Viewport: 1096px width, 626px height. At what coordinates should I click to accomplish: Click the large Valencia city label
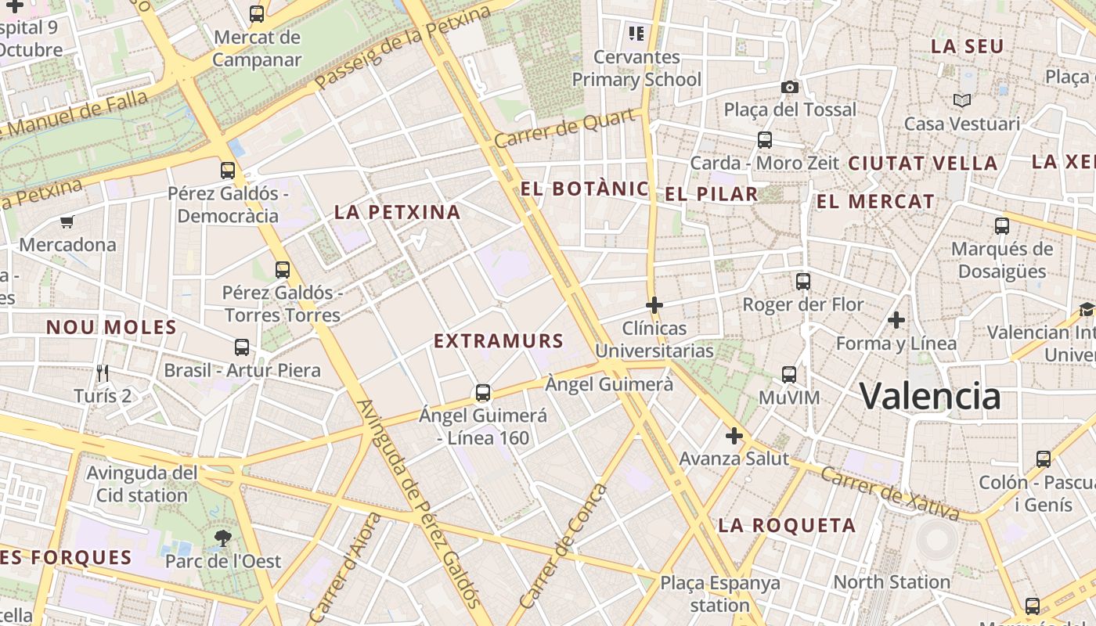click(x=930, y=396)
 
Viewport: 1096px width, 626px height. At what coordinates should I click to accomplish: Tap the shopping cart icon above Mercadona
click(x=67, y=222)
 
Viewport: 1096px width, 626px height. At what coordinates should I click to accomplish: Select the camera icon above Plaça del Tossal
click(x=789, y=87)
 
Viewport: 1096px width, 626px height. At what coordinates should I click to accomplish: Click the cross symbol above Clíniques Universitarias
click(x=654, y=304)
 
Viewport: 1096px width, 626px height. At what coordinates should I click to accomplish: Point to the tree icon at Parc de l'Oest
click(x=223, y=538)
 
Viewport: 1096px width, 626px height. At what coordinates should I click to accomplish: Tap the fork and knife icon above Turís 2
click(x=103, y=372)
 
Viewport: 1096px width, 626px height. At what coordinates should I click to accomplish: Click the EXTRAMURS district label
click(x=499, y=341)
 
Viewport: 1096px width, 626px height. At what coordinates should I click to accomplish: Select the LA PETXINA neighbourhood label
click(x=397, y=212)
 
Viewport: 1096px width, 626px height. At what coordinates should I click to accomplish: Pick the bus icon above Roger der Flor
click(x=802, y=282)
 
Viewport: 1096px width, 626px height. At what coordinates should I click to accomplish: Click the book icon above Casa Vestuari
click(x=962, y=100)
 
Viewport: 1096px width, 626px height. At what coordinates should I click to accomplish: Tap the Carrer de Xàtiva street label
click(x=890, y=492)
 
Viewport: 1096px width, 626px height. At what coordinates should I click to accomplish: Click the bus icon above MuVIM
click(x=789, y=375)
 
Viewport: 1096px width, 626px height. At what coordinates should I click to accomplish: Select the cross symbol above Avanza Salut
click(x=734, y=436)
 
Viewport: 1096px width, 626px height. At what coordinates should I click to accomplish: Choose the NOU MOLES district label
click(x=111, y=327)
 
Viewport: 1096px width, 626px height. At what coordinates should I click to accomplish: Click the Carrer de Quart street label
click(x=564, y=128)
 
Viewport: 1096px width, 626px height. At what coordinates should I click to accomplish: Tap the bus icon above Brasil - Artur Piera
click(x=242, y=347)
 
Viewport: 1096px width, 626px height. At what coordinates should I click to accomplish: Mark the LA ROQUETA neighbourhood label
click(x=787, y=525)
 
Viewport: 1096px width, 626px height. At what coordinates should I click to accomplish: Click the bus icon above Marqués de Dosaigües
click(x=1001, y=226)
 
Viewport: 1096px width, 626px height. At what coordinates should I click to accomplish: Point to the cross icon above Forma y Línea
click(x=896, y=320)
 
